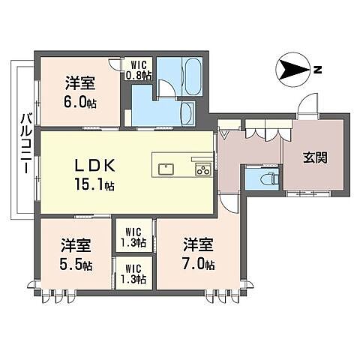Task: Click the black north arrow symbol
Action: pos(292,71)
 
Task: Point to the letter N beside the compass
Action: pos(318,71)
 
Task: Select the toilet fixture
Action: pos(263,179)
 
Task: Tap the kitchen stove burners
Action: pos(202,170)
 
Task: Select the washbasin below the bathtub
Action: pos(187,114)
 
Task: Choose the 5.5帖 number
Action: pos(76,264)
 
